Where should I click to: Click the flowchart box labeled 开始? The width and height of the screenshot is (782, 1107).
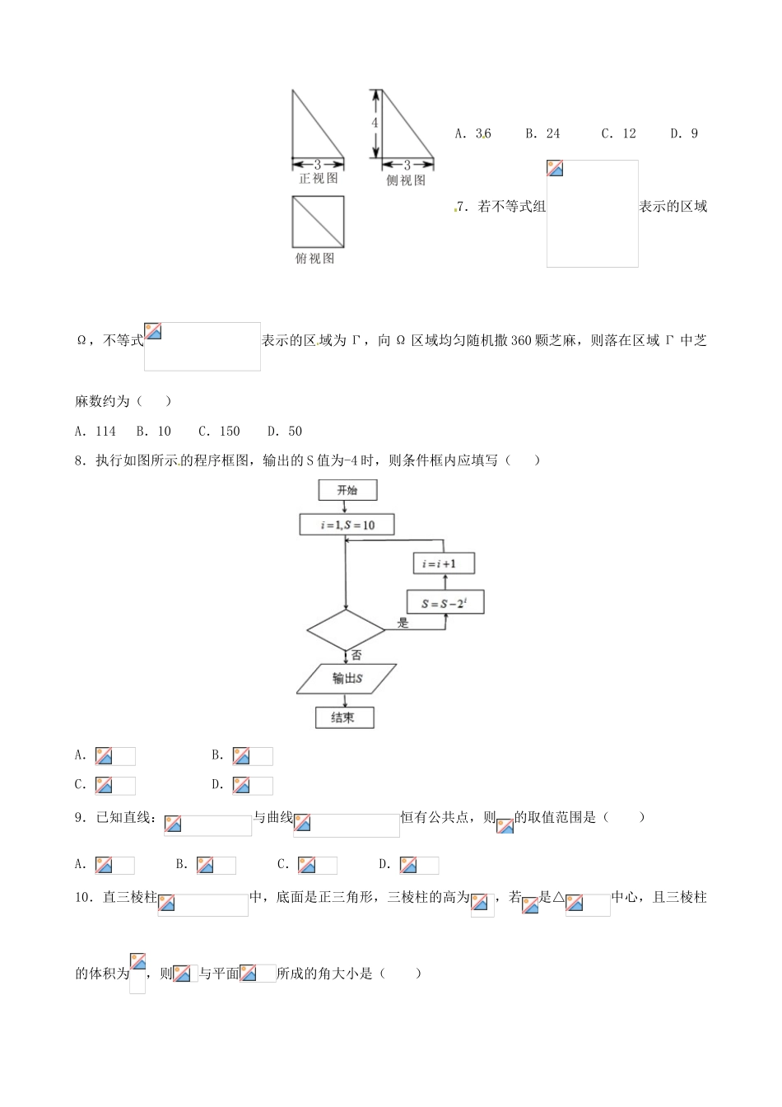(x=347, y=491)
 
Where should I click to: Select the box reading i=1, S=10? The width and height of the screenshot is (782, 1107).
(x=347, y=525)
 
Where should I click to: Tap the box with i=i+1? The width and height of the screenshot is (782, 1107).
(x=444, y=563)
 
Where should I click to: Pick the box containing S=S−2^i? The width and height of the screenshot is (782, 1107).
(x=445, y=603)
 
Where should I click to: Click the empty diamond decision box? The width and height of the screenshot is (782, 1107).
(x=346, y=631)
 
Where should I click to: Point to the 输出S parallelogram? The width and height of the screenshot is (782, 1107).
(x=347, y=679)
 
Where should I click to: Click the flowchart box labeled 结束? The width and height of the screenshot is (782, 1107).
(x=344, y=717)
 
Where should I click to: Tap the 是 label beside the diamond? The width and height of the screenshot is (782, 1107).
(x=403, y=624)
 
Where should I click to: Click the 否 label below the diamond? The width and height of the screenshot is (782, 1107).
(x=356, y=656)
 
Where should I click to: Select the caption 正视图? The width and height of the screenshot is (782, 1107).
(x=318, y=179)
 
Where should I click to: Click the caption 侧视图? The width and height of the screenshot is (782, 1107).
(x=406, y=180)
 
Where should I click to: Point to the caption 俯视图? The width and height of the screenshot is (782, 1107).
(x=315, y=259)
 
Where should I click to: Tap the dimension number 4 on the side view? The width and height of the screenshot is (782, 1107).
(x=375, y=123)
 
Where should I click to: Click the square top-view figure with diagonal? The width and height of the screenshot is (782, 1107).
(x=318, y=222)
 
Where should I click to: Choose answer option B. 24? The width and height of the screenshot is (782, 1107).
(x=543, y=133)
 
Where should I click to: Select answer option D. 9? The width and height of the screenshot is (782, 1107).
(x=684, y=133)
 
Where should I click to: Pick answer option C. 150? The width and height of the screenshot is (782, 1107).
(x=219, y=431)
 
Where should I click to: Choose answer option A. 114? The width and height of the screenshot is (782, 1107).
(x=95, y=431)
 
